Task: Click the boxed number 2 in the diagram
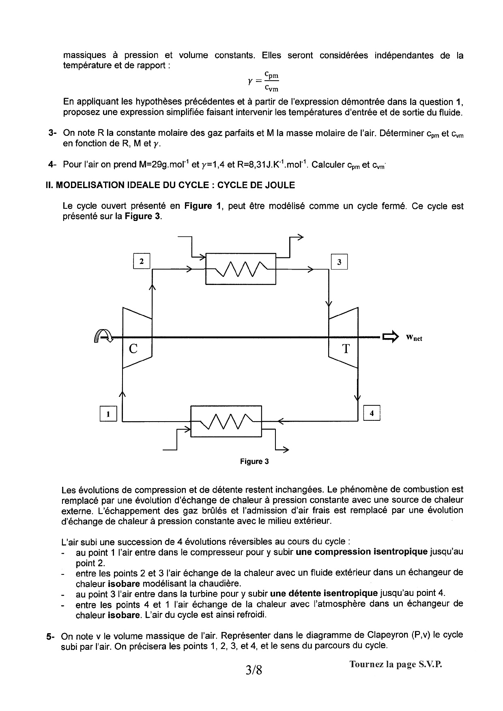[142, 261]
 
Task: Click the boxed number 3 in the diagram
[339, 262]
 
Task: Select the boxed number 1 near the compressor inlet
[108, 414]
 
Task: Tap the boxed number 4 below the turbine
[372, 413]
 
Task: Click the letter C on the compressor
[133, 349]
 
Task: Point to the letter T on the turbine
[346, 349]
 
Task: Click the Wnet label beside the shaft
[414, 338]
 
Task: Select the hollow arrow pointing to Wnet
[390, 337]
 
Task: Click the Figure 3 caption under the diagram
[254, 461]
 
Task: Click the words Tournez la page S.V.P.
[396, 664]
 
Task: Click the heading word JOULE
[280, 185]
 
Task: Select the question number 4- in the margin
[52, 165]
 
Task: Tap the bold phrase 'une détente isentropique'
[324, 593]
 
